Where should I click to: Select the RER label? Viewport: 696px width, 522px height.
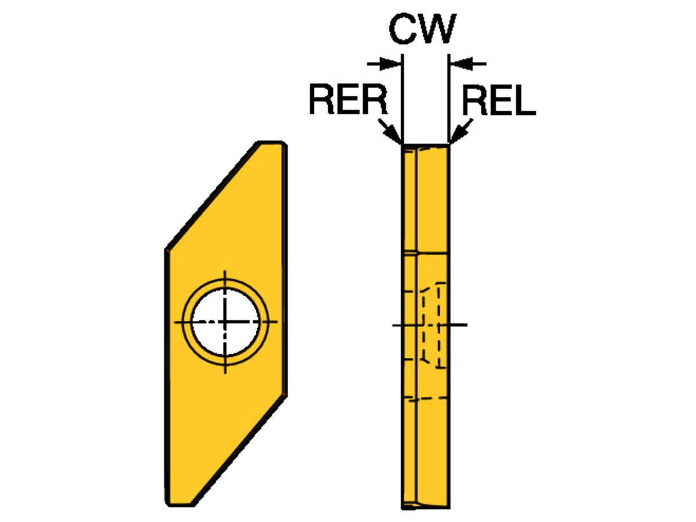347,100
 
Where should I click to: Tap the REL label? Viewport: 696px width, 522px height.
498,100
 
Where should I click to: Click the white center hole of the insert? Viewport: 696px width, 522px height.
225,321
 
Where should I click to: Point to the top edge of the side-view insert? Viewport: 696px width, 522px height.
425,144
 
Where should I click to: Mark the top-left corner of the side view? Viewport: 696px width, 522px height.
403,144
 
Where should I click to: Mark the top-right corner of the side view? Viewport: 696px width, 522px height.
448,144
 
